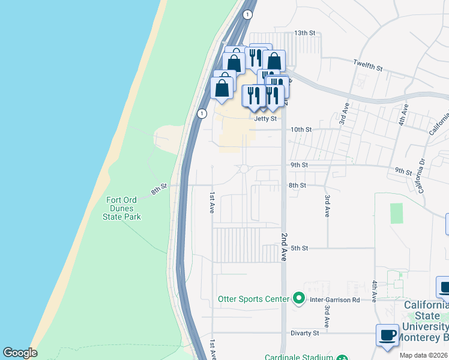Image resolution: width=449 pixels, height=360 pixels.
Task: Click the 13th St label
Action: [x=304, y=33]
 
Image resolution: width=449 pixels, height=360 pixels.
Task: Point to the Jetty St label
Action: [x=265, y=119]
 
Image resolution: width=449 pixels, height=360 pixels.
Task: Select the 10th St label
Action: [x=301, y=130]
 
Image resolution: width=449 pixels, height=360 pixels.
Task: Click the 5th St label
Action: [x=299, y=248]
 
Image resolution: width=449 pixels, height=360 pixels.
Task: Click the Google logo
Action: [x=20, y=353]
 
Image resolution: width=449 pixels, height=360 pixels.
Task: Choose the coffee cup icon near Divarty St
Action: [x=388, y=334]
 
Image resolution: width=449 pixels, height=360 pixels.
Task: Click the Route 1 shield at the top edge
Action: [x=247, y=14]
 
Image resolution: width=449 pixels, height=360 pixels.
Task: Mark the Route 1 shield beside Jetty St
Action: [x=202, y=113]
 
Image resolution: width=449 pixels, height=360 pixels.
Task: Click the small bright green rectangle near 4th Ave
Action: [x=396, y=214]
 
